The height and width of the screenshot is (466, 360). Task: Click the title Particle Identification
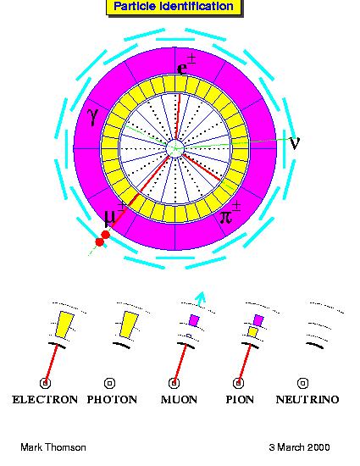pyautogui.click(x=174, y=6)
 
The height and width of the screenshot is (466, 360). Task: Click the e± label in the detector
pyautogui.click(x=186, y=64)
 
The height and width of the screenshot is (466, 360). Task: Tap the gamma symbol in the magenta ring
pyautogui.click(x=93, y=117)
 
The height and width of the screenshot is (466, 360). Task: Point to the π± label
pyautogui.click(x=230, y=213)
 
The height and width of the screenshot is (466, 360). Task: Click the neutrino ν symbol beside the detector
pyautogui.click(x=295, y=143)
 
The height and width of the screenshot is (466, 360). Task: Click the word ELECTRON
pyautogui.click(x=45, y=399)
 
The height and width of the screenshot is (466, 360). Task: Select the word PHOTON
pyautogui.click(x=112, y=399)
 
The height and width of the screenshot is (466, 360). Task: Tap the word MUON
pyautogui.click(x=179, y=399)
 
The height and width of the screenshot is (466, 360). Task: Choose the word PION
pyautogui.click(x=240, y=399)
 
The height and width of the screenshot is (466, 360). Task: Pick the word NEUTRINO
pyautogui.click(x=307, y=399)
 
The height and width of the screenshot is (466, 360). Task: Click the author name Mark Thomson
pyautogui.click(x=53, y=447)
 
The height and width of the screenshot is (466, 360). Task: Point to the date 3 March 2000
pyautogui.click(x=299, y=447)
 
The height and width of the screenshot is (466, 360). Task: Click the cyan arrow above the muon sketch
pyautogui.click(x=201, y=298)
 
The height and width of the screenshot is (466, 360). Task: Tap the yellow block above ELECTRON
pyautogui.click(x=65, y=325)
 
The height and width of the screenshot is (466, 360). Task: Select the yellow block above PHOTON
pyautogui.click(x=130, y=325)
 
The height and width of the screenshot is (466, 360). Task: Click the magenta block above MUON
pyautogui.click(x=194, y=320)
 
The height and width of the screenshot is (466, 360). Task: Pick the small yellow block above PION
pyautogui.click(x=252, y=331)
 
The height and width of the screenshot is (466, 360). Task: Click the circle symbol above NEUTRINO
pyautogui.click(x=302, y=383)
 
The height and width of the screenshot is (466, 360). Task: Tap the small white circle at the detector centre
pyautogui.click(x=175, y=147)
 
